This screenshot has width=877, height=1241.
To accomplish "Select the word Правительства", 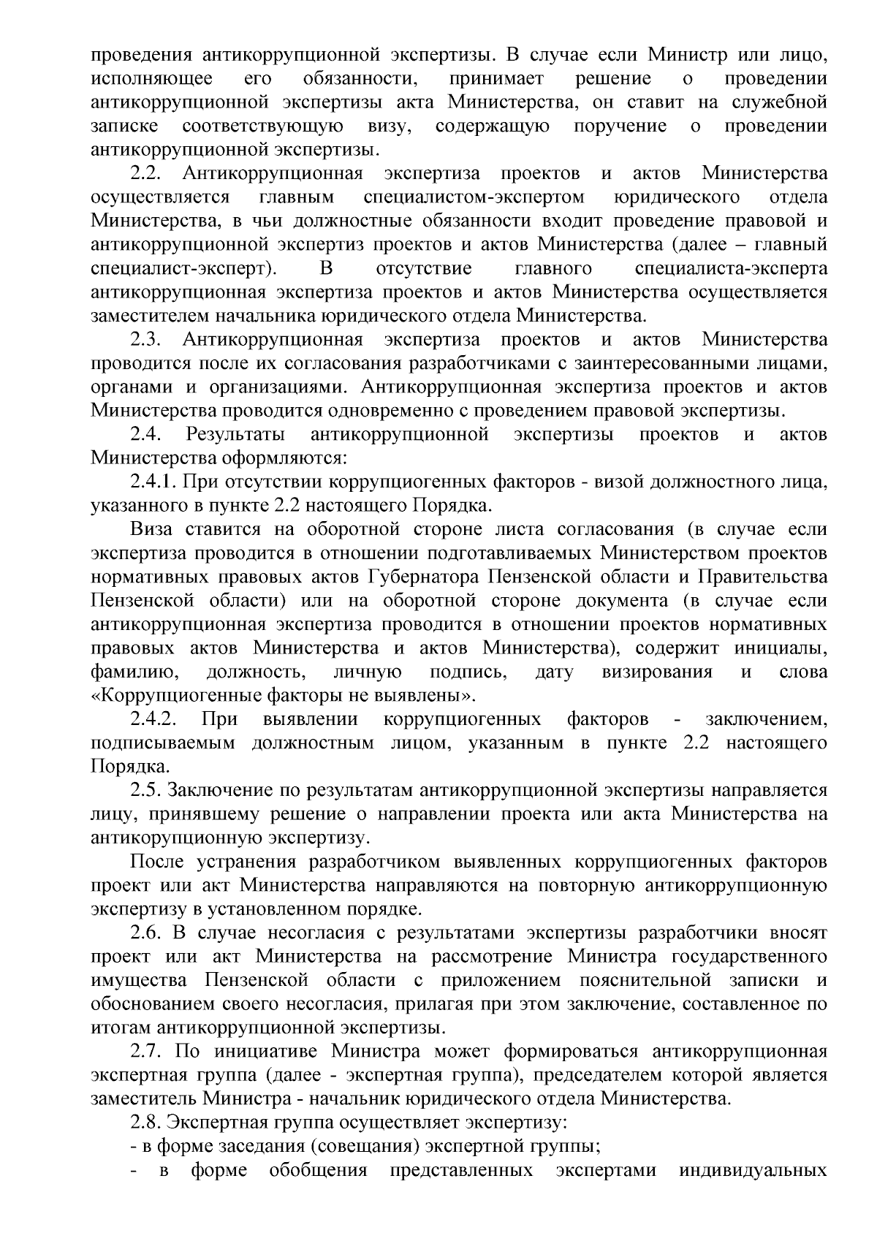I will click(x=763, y=577).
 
